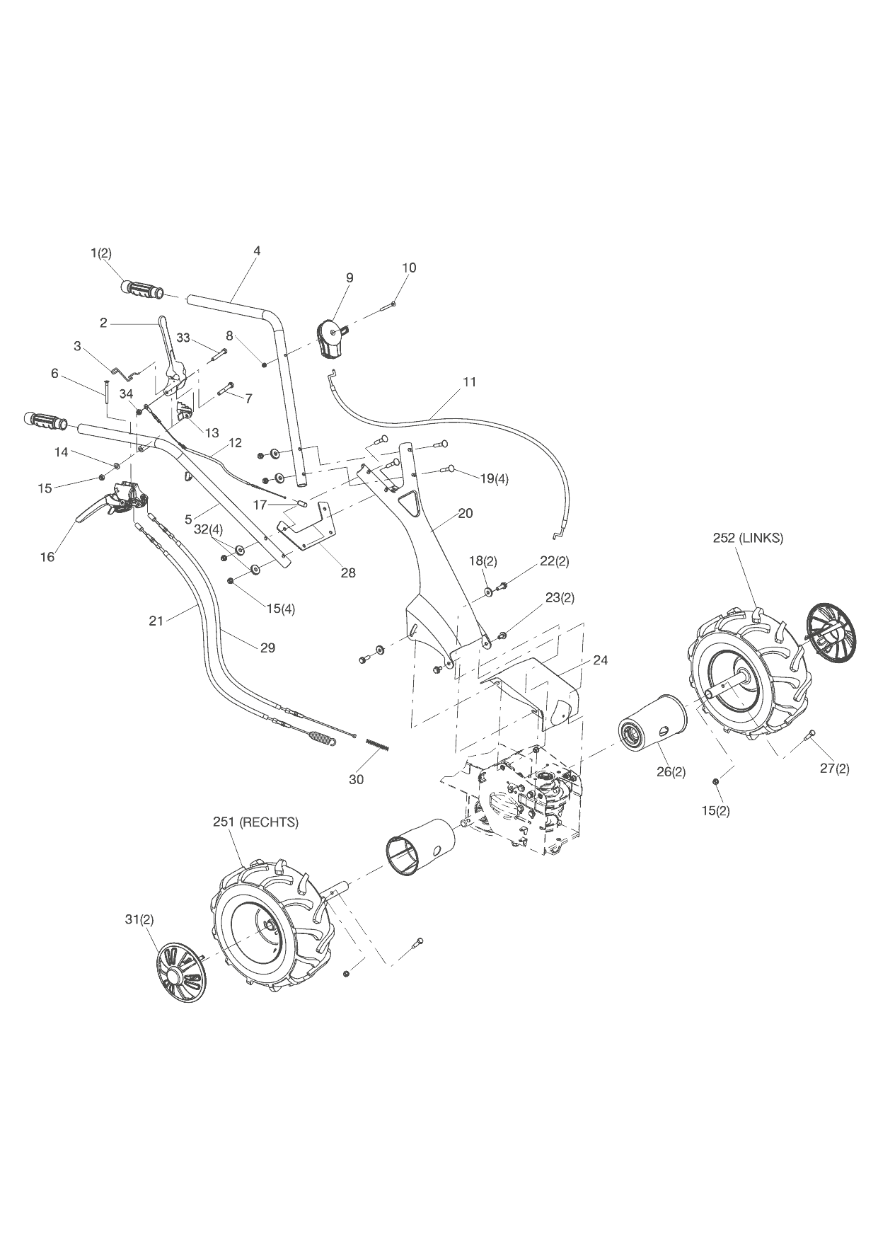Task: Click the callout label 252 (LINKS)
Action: click(x=748, y=538)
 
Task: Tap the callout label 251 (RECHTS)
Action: click(x=255, y=822)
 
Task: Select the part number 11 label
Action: click(x=469, y=382)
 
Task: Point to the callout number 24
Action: click(x=600, y=660)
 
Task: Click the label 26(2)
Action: click(x=671, y=771)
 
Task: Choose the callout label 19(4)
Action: click(x=494, y=478)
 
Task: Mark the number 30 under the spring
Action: click(x=356, y=779)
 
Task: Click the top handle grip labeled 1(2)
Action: click(x=141, y=290)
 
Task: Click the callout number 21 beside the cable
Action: click(x=156, y=621)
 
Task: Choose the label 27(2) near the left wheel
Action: click(x=834, y=769)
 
